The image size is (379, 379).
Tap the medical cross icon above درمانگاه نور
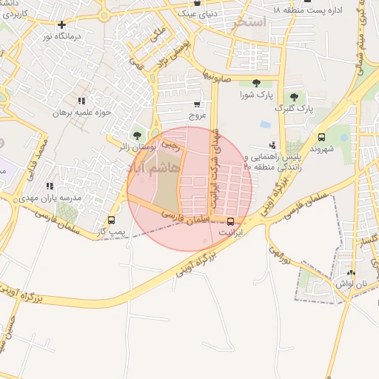61,24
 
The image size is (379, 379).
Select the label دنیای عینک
195,13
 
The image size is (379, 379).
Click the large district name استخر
249,22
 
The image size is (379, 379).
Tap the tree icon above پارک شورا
255,83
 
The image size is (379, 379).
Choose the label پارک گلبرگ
295,108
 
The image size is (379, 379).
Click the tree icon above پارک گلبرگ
295,97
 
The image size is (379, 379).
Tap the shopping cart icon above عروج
196,104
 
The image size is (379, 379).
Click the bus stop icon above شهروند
321,137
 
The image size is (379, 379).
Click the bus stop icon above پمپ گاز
111,220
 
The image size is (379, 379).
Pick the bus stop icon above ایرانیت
230,221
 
